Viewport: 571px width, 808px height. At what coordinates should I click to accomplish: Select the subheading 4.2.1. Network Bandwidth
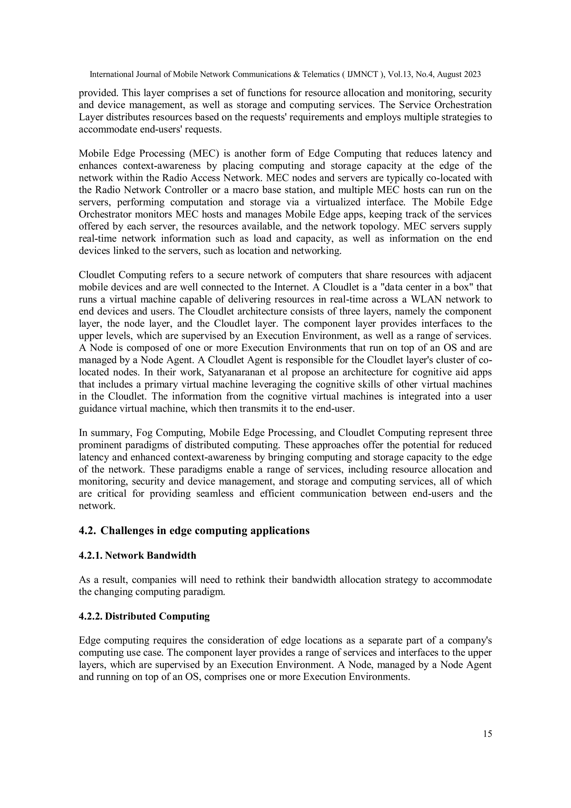[137, 556]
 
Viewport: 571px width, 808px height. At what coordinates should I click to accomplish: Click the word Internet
[291, 287]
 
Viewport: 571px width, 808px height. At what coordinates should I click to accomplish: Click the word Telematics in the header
[321, 74]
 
